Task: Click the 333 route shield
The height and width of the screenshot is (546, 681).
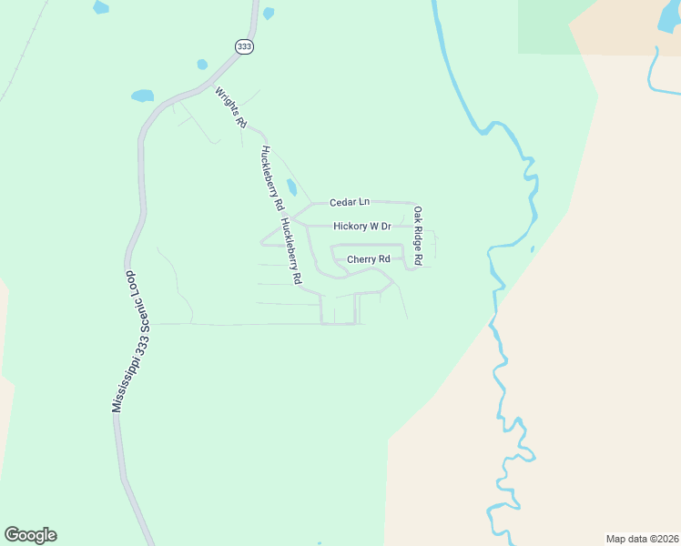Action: pos(243,47)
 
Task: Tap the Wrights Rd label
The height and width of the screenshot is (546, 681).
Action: pos(231,106)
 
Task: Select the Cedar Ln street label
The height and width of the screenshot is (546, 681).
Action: pos(350,202)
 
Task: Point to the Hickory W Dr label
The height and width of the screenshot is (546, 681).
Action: pos(361,226)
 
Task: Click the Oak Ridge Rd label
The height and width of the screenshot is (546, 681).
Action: pos(418,236)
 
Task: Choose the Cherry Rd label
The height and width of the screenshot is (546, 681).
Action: pos(368,259)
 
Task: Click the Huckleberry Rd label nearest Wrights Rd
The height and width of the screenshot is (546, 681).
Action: pos(269,178)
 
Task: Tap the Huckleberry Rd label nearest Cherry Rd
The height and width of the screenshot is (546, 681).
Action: pos(291,252)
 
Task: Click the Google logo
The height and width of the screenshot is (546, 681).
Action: pos(30,535)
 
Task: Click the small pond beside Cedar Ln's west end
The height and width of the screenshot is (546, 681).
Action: pos(291,187)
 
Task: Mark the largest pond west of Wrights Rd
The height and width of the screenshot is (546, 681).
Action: pos(142,95)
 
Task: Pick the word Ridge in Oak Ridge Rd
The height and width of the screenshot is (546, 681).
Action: pos(418,236)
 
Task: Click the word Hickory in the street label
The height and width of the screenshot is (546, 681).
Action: pos(350,226)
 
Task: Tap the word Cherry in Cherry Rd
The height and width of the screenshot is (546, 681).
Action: pos(361,259)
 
